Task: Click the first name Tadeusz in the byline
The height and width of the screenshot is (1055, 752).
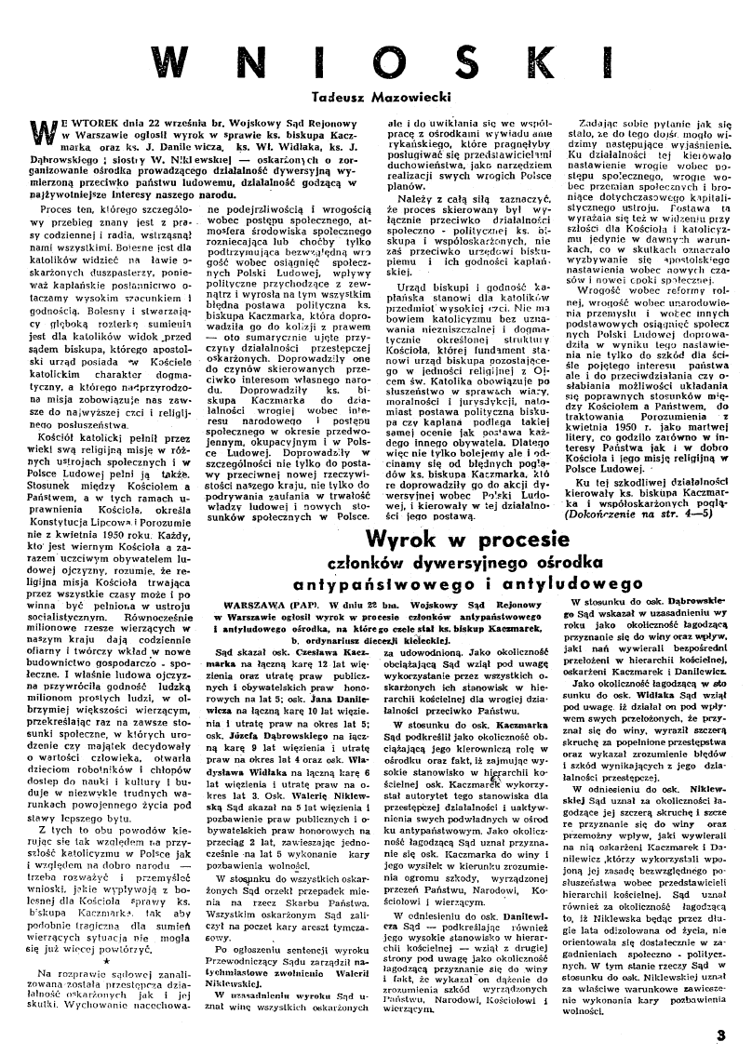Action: click(x=338, y=96)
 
